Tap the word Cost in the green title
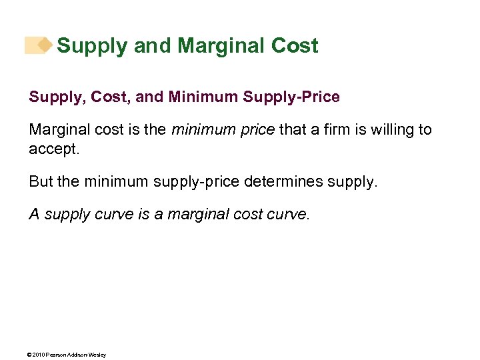coord(295,46)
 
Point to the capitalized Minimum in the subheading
coord(204,97)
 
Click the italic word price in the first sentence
coord(257,129)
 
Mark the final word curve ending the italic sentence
coord(290,214)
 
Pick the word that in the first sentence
coord(291,129)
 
